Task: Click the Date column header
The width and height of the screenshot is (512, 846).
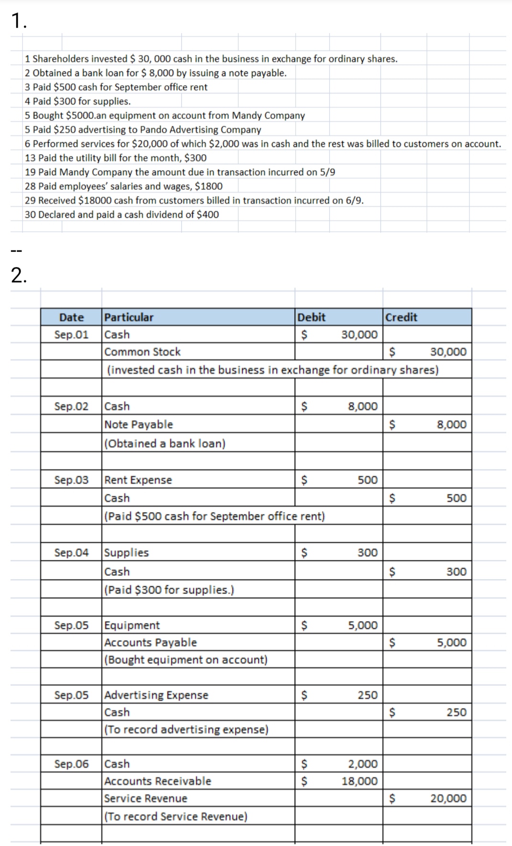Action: coord(71,317)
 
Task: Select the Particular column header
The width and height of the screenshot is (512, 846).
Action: coord(129,317)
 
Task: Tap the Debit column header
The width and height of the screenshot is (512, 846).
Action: coord(312,317)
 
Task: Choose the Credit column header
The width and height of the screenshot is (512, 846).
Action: coord(401,317)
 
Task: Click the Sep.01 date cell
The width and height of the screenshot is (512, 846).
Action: coord(71,334)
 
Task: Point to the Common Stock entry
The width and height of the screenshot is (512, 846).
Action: coord(143,352)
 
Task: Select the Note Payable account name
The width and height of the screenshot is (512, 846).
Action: coord(139,424)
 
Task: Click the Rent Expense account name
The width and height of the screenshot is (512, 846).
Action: coord(138,480)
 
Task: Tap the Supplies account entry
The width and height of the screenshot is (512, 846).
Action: coord(127,553)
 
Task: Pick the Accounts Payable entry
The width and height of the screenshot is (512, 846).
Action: coord(151,643)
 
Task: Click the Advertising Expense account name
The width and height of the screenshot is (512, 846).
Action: coord(156,695)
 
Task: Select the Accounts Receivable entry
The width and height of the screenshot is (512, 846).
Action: coord(158,781)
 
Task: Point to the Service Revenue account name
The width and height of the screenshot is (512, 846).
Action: coord(146,798)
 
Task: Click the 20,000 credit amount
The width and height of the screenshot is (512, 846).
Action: coord(448,798)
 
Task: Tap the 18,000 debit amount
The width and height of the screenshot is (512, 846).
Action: coord(359,781)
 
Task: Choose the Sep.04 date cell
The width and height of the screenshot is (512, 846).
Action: coord(71,553)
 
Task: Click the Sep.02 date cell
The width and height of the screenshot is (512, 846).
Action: coord(71,406)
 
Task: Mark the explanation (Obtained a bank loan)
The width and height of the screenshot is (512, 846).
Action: coord(165,444)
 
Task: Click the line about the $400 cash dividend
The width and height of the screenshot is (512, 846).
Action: coord(122,214)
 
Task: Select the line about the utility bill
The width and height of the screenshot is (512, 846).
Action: coord(116,158)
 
